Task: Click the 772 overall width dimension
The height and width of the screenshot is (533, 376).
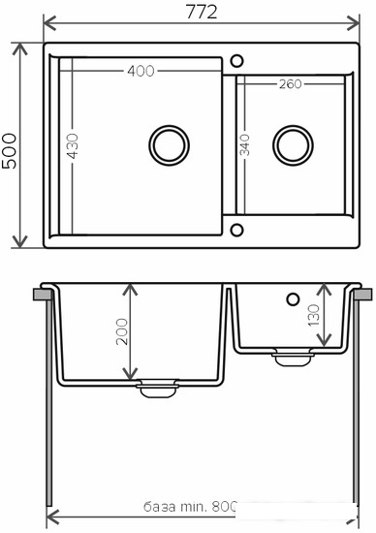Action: click(202, 13)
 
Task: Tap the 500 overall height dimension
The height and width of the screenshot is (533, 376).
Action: click(9, 151)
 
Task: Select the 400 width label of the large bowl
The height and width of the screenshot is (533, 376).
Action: click(141, 71)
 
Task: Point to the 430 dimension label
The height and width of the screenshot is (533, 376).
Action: click(72, 146)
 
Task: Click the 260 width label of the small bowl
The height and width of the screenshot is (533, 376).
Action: click(291, 84)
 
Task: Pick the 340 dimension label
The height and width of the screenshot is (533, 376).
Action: click(245, 145)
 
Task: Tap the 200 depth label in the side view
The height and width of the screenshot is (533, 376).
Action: click(122, 331)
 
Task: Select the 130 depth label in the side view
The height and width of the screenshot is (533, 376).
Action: click(313, 316)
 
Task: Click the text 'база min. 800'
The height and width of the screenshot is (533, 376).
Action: click(190, 507)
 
